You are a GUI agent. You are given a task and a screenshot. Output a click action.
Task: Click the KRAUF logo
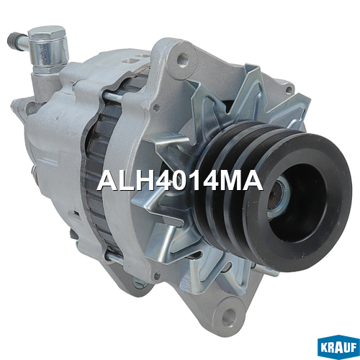pos(338,347)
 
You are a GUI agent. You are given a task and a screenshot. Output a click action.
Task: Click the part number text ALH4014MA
pos(180,181)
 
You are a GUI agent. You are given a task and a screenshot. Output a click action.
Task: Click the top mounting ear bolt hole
pos(182,58)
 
